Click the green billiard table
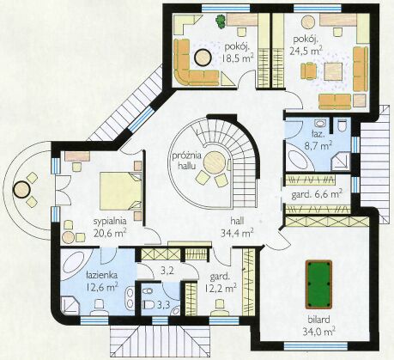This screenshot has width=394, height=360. click(318, 284)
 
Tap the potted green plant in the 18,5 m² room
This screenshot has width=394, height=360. click(220, 21)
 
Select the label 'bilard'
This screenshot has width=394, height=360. click(319, 319)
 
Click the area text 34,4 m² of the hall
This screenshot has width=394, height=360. click(237, 233)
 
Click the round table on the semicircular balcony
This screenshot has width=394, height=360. click(21, 190)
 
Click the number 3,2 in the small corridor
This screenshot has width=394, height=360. click(167, 272)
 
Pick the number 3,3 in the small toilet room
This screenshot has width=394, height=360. click(164, 304)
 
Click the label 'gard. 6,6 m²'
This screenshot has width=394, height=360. click(317, 195)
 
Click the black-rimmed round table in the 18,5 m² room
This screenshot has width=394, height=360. click(203, 58)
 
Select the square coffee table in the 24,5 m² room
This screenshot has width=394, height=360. click(333, 71)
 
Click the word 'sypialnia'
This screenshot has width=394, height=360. click(110, 222)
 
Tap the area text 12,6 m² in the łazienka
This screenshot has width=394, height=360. click(102, 287)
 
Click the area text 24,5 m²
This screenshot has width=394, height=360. click(306, 52)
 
